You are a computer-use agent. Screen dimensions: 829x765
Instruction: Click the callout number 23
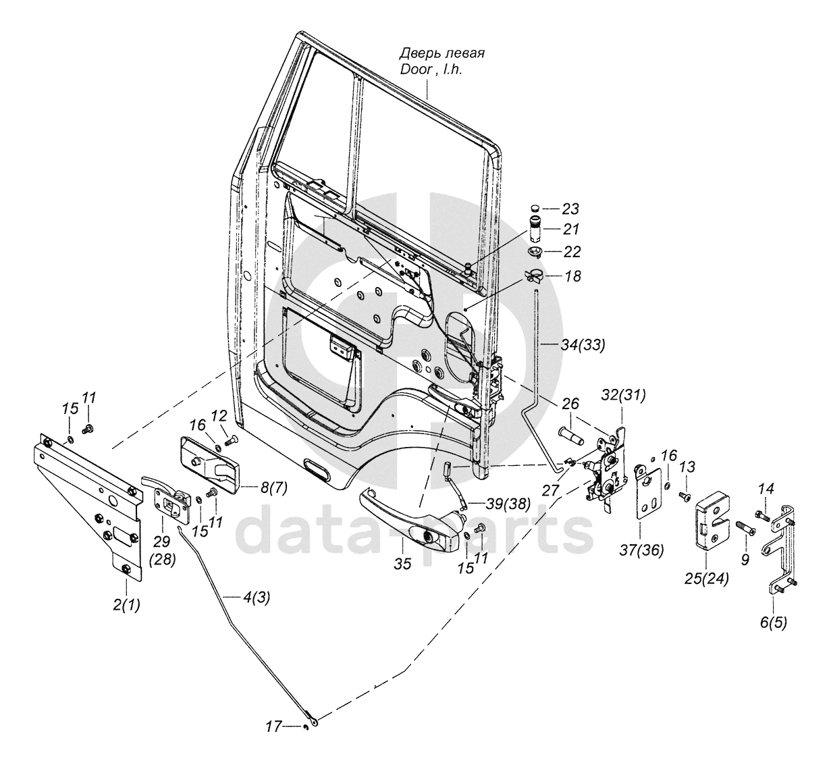(570, 209)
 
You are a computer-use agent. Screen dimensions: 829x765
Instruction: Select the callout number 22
(571, 252)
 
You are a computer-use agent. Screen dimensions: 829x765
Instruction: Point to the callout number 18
(572, 276)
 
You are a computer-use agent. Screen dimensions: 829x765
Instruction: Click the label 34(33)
(583, 345)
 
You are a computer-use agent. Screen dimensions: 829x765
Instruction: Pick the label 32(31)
(623, 395)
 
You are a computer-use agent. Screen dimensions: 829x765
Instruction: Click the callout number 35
(403, 564)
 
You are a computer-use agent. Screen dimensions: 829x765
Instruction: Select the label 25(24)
(707, 579)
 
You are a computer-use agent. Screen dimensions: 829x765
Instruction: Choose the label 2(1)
(126, 604)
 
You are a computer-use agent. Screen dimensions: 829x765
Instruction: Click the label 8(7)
(274, 488)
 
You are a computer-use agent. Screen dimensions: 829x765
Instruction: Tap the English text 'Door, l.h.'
(431, 70)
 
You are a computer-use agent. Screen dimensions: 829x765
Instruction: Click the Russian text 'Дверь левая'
(442, 54)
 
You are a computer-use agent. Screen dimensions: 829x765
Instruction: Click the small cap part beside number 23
(535, 207)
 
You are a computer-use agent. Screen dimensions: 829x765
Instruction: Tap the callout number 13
(687, 467)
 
